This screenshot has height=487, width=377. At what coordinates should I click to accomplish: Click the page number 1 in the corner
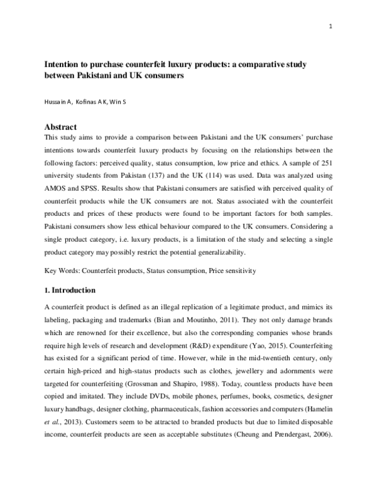pyautogui.click(x=330, y=26)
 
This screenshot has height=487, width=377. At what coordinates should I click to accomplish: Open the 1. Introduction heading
pyautogui.click(x=70, y=291)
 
